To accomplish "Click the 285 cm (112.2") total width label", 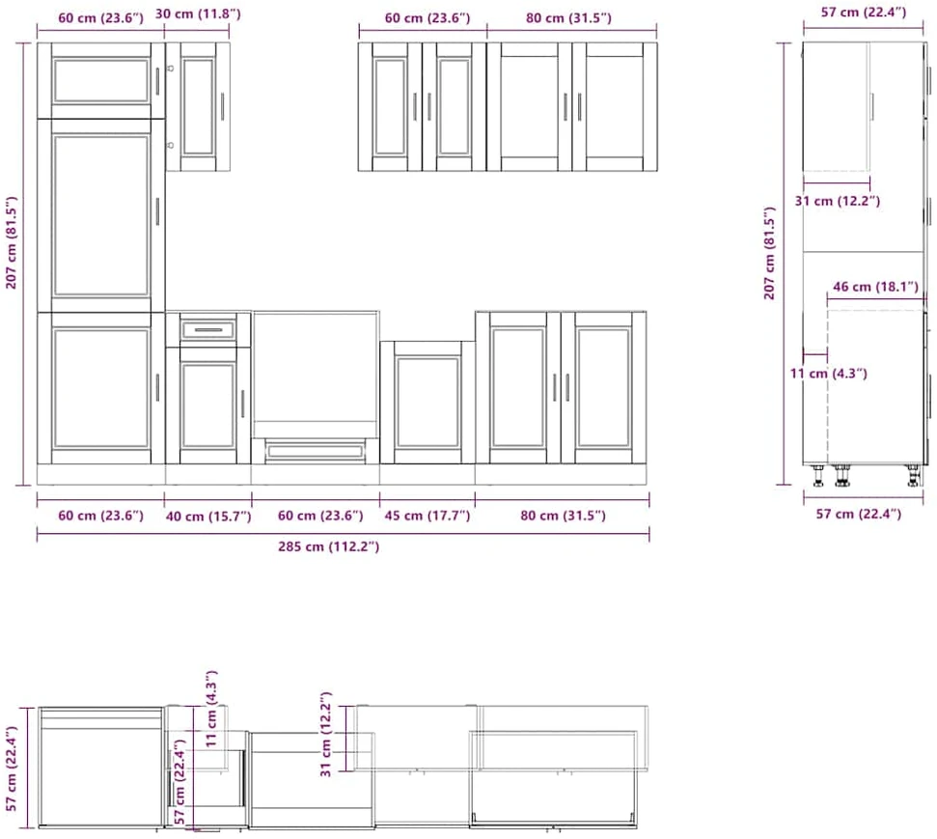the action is click(x=328, y=546).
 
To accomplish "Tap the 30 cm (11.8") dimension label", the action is click(x=198, y=14).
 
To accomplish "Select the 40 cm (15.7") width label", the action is click(x=208, y=517).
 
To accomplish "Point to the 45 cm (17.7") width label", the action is click(x=427, y=516).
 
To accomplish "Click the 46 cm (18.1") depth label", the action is click(x=875, y=287).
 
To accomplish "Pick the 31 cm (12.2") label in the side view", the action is click(x=838, y=201).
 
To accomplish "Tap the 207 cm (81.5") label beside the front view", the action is click(x=12, y=242).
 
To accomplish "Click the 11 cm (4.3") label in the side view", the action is click(x=828, y=374).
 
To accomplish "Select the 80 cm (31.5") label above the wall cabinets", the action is click(x=569, y=18).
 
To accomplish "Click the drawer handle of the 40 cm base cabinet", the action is click(x=208, y=330).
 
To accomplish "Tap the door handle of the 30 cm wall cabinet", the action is click(x=222, y=106).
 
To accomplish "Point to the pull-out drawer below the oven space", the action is click(x=315, y=450).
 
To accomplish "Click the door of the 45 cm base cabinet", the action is click(x=427, y=402).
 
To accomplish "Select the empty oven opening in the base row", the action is click(x=316, y=375).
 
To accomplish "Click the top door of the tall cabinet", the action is click(x=101, y=80).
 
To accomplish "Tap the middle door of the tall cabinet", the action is click(x=101, y=215).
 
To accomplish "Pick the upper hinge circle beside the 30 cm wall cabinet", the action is click(x=170, y=69).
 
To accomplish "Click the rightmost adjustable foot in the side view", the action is click(x=913, y=475).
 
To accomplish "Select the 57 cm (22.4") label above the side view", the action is click(x=864, y=12).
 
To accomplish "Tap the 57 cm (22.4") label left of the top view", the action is click(x=12, y=769).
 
